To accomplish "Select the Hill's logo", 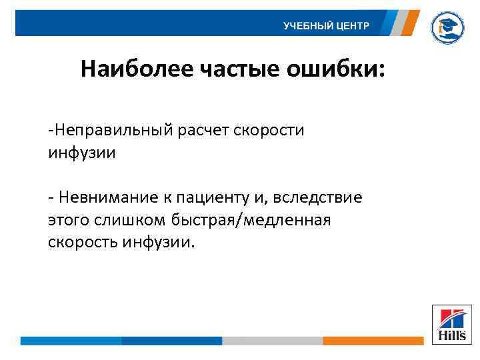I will (451, 325).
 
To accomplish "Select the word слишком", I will (125, 219).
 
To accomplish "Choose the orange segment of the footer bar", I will (373, 341).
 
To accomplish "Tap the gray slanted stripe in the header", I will (397, 23).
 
